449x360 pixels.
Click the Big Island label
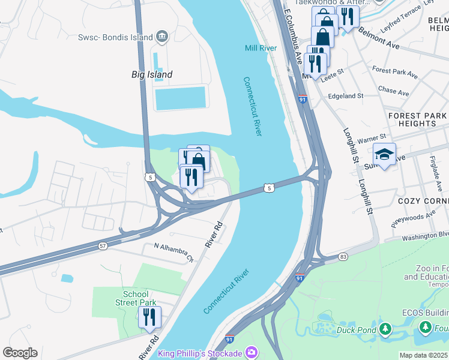[152, 74]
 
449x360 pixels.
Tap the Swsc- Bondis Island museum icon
[161, 37]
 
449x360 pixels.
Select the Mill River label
[261, 48]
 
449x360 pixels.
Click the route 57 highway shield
[103, 246]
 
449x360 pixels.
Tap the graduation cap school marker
[384, 155]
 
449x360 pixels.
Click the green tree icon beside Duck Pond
[385, 329]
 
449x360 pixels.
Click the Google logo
[20, 353]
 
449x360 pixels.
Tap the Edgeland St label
[345, 96]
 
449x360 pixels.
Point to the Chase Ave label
[394, 91]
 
